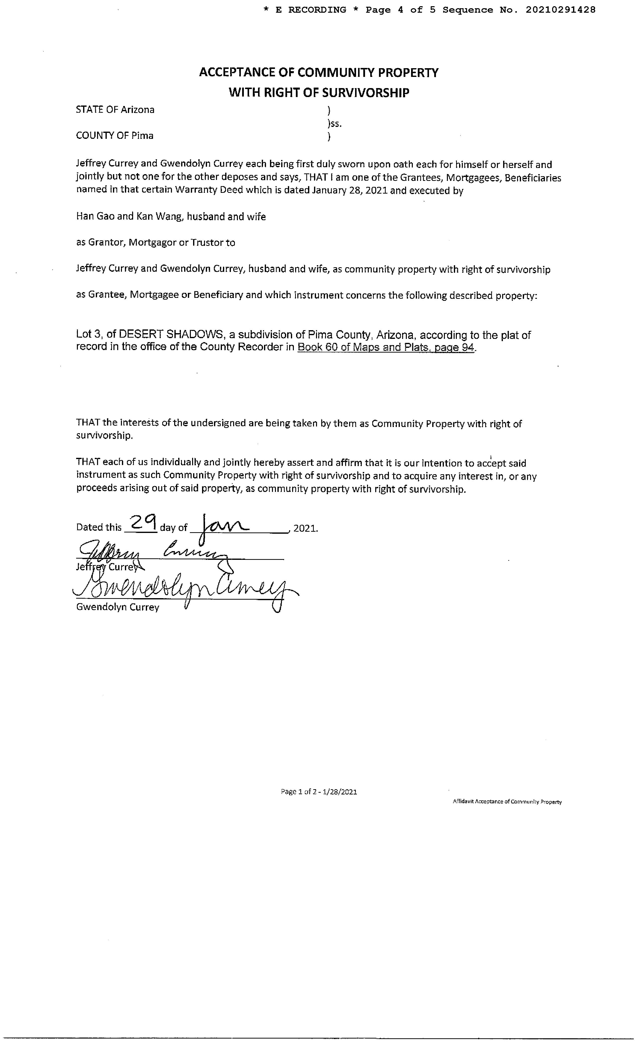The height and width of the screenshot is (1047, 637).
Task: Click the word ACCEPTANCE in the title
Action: click(237, 73)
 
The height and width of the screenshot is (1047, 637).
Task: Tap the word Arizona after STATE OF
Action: click(137, 110)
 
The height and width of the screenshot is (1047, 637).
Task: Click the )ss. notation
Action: click(334, 124)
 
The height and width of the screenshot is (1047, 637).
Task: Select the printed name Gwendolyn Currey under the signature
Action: click(118, 607)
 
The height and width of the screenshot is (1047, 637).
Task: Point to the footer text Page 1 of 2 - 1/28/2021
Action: click(319, 792)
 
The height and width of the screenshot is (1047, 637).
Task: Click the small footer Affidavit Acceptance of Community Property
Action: click(507, 802)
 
